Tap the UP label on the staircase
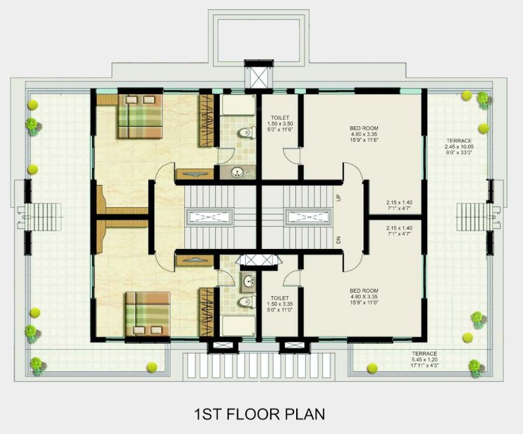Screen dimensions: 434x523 (339, 197)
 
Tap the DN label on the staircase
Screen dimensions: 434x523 (339, 240)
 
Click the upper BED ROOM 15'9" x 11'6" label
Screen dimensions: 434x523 (363, 134)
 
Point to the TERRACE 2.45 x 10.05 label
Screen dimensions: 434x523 (460, 148)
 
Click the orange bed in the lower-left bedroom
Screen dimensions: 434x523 (148, 314)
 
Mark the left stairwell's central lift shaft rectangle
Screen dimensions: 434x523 (208, 216)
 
